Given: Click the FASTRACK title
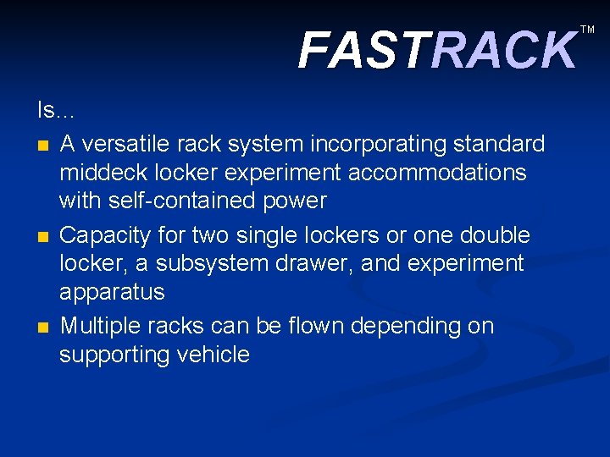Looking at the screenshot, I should click(x=436, y=50).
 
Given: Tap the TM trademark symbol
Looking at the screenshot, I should click(x=587, y=30).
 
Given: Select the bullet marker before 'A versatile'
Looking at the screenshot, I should click(x=43, y=146).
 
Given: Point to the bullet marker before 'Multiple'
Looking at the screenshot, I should click(x=43, y=327).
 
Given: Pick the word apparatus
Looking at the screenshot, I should click(x=111, y=293).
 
